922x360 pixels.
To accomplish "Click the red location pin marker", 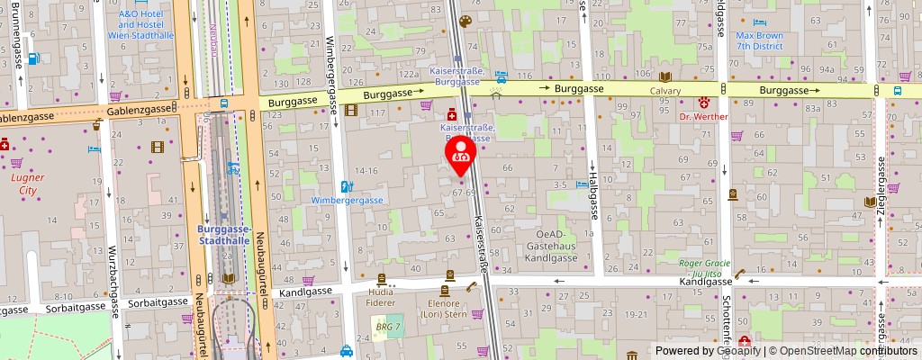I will point(462,154).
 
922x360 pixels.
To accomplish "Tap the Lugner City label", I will point(27,184).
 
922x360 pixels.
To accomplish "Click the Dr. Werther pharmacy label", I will point(702,116).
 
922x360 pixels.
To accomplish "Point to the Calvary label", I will point(665,91).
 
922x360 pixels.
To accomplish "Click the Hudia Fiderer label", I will point(382,298).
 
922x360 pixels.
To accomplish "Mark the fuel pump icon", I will point(33,58).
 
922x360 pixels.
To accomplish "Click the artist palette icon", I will point(465,22).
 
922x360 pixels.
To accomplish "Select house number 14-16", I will point(366,169).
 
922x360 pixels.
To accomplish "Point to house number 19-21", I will point(637,313).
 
